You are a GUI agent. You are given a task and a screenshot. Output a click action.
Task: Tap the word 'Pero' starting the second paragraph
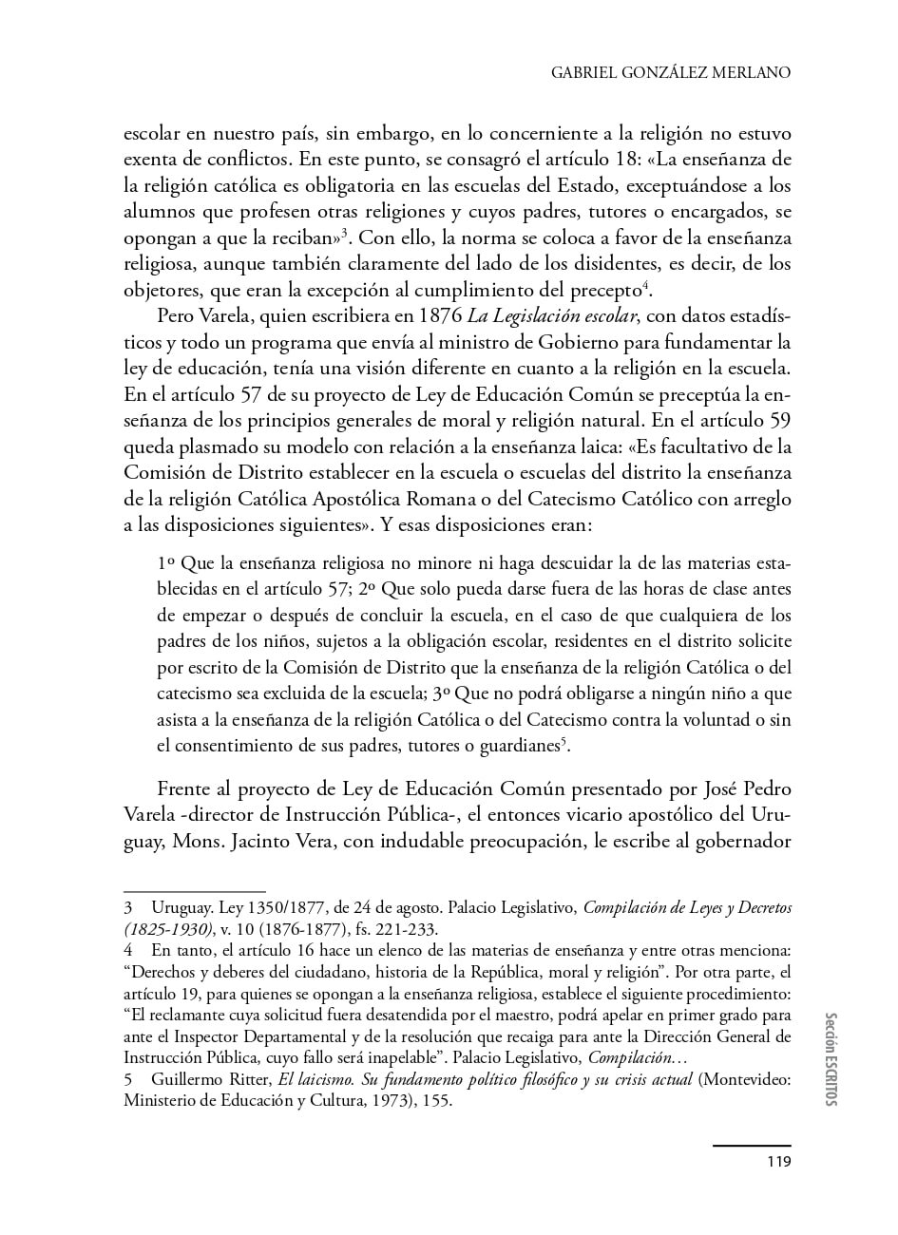point(175,315)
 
